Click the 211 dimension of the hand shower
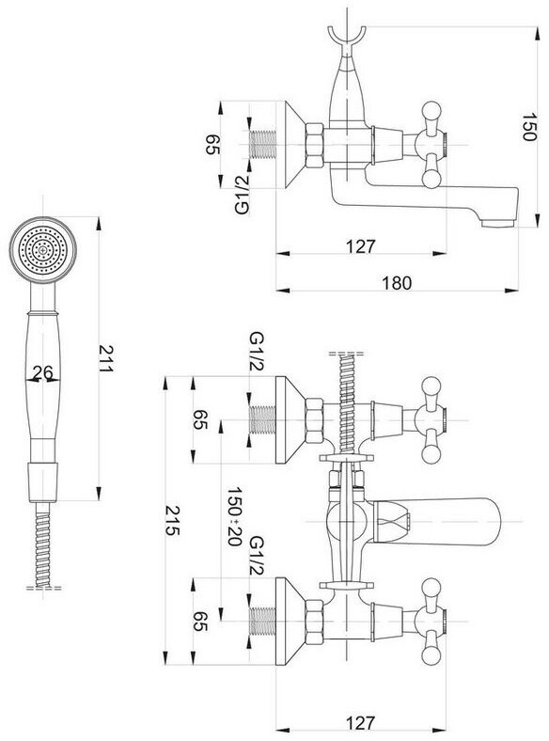106,358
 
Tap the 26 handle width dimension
42,373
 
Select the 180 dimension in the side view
397,283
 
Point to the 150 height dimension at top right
528,127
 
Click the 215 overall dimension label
172,520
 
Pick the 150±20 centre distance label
235,516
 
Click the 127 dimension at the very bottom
360,723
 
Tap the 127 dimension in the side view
360,246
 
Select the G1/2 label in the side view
242,195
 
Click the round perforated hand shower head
43,249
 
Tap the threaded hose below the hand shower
43,544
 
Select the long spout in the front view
437,521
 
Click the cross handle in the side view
431,145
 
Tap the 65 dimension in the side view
213,145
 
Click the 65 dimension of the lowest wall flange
200,622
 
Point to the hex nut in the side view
315,145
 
